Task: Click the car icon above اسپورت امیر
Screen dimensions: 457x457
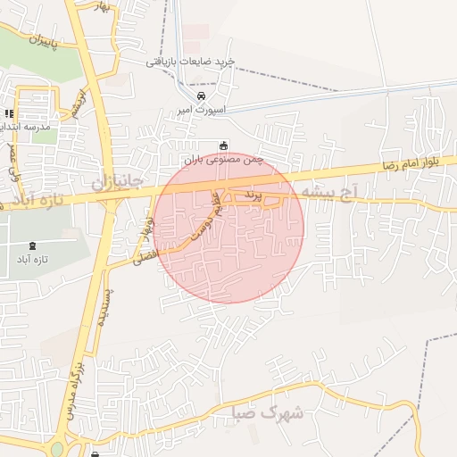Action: click(202, 96)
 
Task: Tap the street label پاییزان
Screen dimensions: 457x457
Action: click(37, 40)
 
